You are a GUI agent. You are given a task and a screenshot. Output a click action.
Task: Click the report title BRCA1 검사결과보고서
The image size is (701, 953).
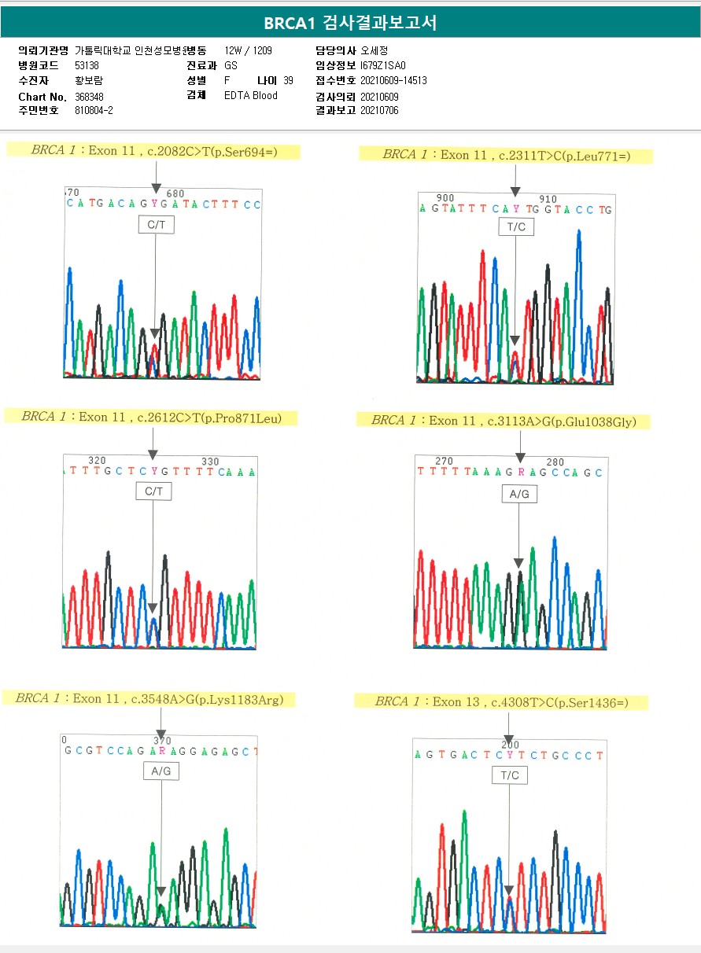click(350, 23)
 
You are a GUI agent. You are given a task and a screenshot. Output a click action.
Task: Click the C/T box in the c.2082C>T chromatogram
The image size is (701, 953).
click(154, 225)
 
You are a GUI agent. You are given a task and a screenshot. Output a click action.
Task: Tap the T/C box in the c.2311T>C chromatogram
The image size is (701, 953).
click(515, 227)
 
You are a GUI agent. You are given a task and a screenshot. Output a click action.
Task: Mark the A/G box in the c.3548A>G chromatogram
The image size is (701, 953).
click(160, 771)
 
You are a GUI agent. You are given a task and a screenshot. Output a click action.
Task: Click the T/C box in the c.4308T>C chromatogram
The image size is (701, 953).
click(510, 775)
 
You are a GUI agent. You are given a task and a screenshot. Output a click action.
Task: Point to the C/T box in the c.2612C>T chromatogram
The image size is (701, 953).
click(153, 491)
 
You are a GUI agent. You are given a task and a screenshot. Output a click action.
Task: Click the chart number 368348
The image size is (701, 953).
click(89, 97)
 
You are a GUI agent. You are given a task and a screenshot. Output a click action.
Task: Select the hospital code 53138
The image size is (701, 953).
click(87, 66)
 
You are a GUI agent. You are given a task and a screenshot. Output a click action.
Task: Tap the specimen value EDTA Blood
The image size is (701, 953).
click(250, 96)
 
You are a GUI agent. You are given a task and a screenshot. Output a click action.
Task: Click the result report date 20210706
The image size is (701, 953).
click(379, 111)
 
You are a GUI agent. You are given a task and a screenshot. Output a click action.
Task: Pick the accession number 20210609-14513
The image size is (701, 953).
click(393, 81)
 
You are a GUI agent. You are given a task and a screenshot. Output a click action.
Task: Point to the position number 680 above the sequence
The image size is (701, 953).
click(175, 193)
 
